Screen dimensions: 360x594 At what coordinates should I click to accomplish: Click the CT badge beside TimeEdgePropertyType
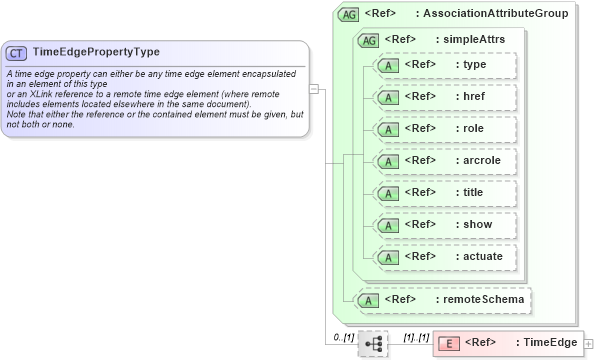pos(17,52)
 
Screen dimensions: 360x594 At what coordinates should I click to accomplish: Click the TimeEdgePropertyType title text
pos(96,52)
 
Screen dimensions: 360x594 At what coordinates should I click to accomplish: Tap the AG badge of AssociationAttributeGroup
pos(349,14)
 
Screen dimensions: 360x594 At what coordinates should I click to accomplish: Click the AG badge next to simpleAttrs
pos(369,40)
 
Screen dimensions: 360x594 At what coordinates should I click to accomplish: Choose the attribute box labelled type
pos(444,65)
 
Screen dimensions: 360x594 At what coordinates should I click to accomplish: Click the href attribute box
pos(444,97)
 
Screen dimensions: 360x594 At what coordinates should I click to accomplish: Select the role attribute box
pos(444,129)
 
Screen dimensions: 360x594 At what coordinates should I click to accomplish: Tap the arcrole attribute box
pos(444,160)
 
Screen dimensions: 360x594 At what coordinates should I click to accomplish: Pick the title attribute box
pos(444,193)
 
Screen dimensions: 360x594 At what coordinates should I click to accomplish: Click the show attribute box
pos(444,225)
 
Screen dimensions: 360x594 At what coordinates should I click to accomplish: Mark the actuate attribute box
pos(444,257)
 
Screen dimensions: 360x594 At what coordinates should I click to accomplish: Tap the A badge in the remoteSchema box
pos(370,299)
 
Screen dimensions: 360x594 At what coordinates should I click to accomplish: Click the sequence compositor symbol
pos(373,343)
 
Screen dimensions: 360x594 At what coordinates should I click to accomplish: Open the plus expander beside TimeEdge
pos(587,344)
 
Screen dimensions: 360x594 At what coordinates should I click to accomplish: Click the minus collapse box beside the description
pos(314,88)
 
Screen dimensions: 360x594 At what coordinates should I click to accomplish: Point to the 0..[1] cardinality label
pos(344,337)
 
